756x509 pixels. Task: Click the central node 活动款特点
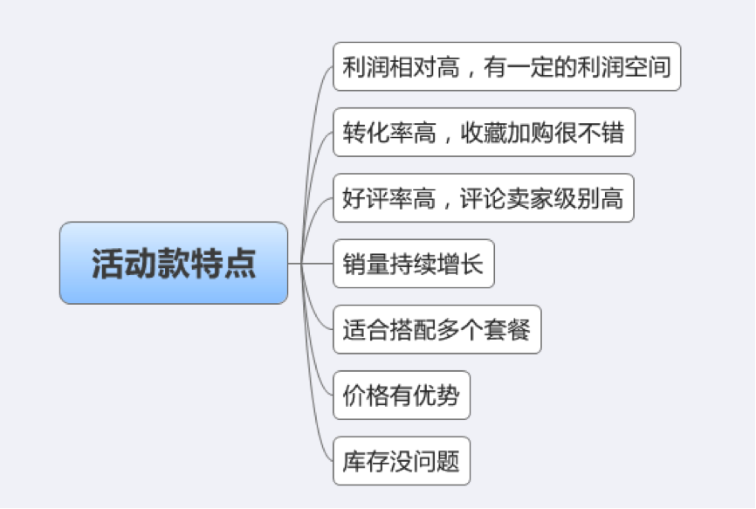[x=174, y=263]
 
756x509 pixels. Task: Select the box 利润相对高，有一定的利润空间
[x=506, y=66]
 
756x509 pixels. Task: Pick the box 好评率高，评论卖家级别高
[x=483, y=198]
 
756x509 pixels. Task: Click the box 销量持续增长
[x=414, y=264]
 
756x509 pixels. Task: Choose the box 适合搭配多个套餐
[x=437, y=330]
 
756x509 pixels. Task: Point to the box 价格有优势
[x=402, y=396]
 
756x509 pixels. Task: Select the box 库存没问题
[x=402, y=461]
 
